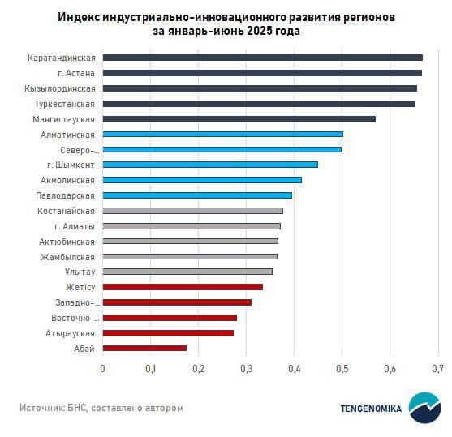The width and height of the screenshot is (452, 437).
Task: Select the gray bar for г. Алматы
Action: point(192,226)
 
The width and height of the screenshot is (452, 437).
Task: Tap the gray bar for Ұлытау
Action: point(187,272)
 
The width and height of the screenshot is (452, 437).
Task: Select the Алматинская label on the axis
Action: point(68,135)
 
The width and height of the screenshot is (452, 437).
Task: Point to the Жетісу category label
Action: point(80,287)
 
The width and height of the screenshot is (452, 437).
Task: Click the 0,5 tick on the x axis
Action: point(342,369)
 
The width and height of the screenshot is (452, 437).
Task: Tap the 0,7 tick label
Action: point(437,369)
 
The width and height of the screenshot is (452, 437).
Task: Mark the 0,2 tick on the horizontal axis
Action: point(198,369)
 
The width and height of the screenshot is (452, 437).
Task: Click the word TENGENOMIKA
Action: point(371,409)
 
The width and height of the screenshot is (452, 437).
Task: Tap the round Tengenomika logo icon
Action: point(424,408)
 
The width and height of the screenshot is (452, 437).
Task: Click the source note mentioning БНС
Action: point(101,408)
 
